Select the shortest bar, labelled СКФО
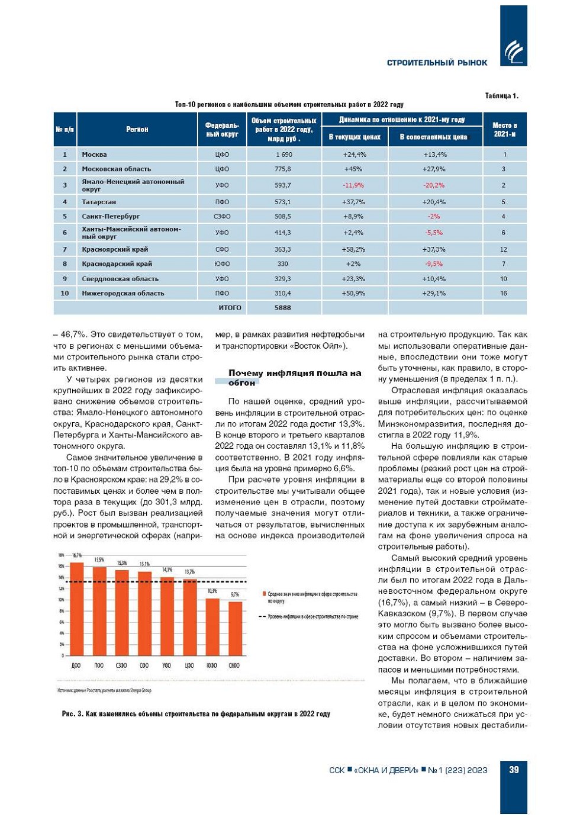[235, 628]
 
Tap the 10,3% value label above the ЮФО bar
[212, 591]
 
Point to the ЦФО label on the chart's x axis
[189, 665]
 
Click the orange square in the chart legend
[263, 594]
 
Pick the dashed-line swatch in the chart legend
[263, 616]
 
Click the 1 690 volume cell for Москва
[283, 155]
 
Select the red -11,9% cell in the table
[353, 185]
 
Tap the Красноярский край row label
[115, 249]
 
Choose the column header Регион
[137, 129]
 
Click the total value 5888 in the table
[283, 308]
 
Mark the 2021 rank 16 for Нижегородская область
[504, 293]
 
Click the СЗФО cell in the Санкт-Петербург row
[222, 217]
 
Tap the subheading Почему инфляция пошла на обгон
[294, 378]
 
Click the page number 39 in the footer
[513, 770]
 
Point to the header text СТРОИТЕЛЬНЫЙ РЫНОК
[437, 63]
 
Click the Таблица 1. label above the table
[501, 96]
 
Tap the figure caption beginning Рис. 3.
[196, 714]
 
